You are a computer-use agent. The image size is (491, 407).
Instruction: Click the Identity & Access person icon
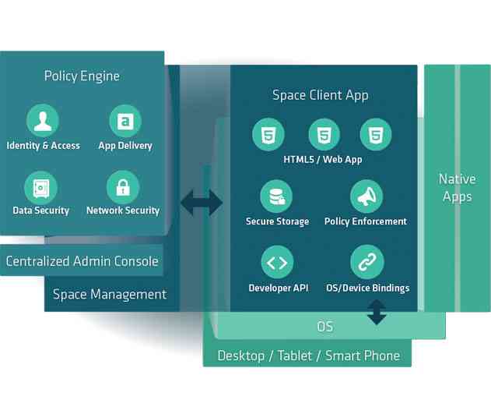[x=43, y=120]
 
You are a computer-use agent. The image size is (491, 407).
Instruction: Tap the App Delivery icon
[x=125, y=120]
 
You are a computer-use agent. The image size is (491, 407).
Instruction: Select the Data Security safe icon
[x=40, y=187]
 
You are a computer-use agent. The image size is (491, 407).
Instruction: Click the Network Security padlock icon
[x=123, y=187]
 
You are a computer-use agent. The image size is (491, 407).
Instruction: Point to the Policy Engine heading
[x=82, y=76]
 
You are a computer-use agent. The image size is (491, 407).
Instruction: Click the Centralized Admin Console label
[x=82, y=261]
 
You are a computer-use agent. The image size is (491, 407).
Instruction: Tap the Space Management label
[x=110, y=294]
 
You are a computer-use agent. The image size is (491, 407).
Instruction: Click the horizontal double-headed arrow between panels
[x=202, y=203]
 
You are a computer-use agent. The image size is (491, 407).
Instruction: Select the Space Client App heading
[x=320, y=95]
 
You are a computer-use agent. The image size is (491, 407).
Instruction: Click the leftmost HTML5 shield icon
[x=268, y=135]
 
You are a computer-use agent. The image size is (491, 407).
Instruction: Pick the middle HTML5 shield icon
[x=324, y=135]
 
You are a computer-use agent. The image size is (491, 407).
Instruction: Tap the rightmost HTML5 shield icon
[x=376, y=135]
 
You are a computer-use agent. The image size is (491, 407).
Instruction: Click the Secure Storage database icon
[x=277, y=197]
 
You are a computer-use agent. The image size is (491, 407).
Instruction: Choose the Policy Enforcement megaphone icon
[x=366, y=197]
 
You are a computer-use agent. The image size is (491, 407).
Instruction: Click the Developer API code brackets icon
[x=277, y=263]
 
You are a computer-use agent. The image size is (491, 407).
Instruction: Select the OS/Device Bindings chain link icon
[x=366, y=263]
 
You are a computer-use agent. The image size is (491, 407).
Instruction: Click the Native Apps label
[x=457, y=188]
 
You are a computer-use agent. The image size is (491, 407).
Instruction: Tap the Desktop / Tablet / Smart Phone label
[x=308, y=356]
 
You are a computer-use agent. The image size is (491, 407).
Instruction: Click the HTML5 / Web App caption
[x=322, y=160]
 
